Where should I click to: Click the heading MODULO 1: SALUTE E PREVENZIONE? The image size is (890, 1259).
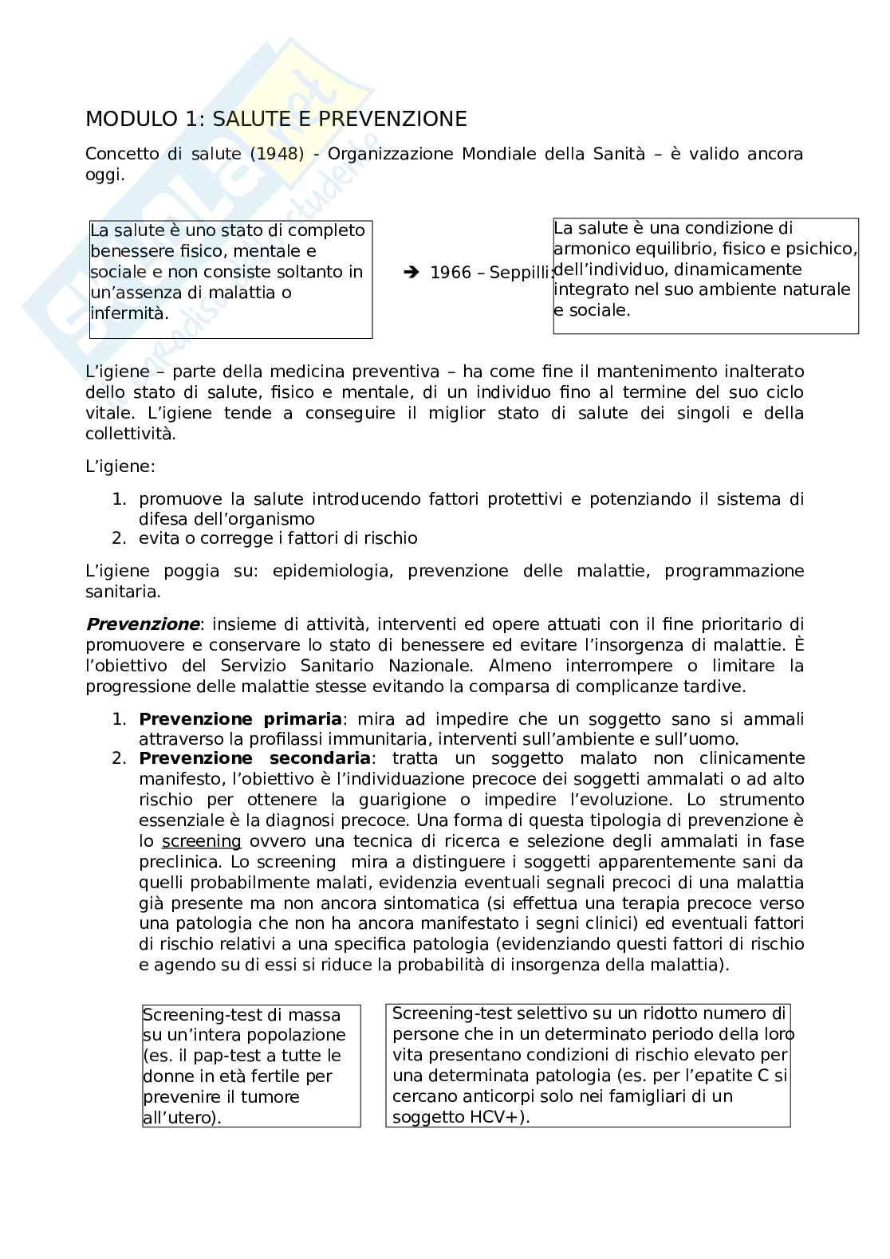tap(275, 120)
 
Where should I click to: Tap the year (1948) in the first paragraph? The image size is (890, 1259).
tap(277, 154)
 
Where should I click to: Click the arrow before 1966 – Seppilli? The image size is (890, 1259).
tap(412, 273)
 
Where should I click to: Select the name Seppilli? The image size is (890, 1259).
tap(521, 273)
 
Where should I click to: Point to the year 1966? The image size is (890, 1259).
tap(451, 273)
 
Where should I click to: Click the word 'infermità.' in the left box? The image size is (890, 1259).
tap(129, 313)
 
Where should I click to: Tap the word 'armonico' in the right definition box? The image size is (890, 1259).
tap(589, 249)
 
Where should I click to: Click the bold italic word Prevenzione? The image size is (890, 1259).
tap(143, 624)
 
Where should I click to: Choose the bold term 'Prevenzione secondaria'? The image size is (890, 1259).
tap(254, 758)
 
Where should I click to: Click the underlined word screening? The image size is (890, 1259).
tap(201, 841)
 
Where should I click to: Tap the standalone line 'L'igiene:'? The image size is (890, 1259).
tap(120, 466)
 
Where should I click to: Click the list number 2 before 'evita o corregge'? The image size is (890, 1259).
tap(118, 538)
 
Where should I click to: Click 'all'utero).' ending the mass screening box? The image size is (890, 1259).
tap(182, 1118)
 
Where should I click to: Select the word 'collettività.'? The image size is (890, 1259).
tap(131, 434)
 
